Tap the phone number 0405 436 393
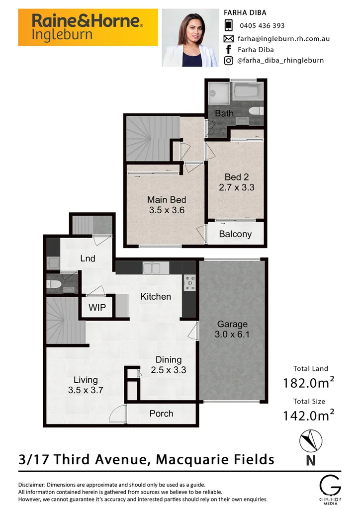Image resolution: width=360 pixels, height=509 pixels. [262, 25]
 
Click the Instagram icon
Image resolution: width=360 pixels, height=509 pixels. [229, 61]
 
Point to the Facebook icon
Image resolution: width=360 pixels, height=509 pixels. [229, 49]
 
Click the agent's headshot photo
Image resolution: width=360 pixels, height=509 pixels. [190, 38]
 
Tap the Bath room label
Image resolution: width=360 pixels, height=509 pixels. [224, 113]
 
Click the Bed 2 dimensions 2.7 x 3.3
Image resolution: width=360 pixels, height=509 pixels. [237, 187]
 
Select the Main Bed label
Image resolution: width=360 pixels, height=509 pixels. [166, 200]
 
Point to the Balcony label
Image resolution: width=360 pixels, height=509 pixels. [235, 234]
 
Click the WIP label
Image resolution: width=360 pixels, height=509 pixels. [97, 308]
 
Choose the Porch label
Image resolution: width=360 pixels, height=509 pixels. [161, 413]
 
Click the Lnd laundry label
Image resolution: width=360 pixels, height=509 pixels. [88, 258]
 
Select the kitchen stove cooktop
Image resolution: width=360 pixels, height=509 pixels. [190, 282]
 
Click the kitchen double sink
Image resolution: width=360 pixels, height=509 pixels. [154, 268]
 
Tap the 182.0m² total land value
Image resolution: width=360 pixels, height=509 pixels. [308, 383]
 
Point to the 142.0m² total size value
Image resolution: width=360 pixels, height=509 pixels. [308, 415]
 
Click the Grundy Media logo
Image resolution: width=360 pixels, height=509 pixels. [330, 488]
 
